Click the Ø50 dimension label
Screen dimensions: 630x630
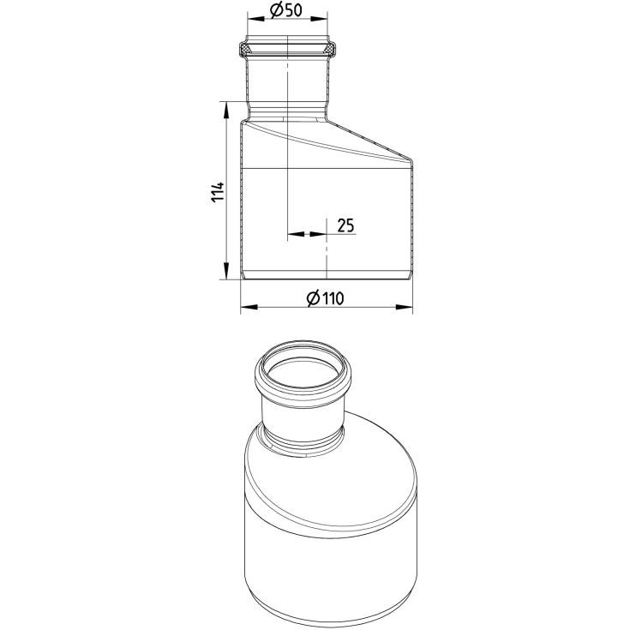point(286,10)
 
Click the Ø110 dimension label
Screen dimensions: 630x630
point(326,298)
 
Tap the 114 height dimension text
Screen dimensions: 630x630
point(218,192)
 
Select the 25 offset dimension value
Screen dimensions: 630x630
point(345,225)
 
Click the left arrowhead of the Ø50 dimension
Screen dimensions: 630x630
point(255,19)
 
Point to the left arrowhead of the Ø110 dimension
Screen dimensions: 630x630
point(249,307)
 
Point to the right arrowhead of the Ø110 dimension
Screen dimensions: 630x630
point(405,307)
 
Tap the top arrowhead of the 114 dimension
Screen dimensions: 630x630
point(226,110)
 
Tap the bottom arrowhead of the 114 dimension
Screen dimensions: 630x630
point(226,271)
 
